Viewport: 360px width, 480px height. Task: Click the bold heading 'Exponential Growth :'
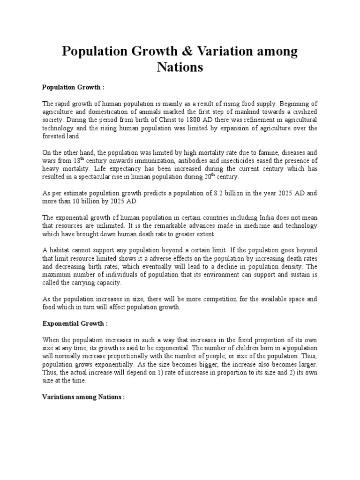pyautogui.click(x=75, y=323)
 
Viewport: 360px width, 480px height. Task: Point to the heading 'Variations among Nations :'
pyautogui.click(x=84, y=397)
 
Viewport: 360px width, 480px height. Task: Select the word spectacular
pyautogui.click(x=110, y=177)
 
